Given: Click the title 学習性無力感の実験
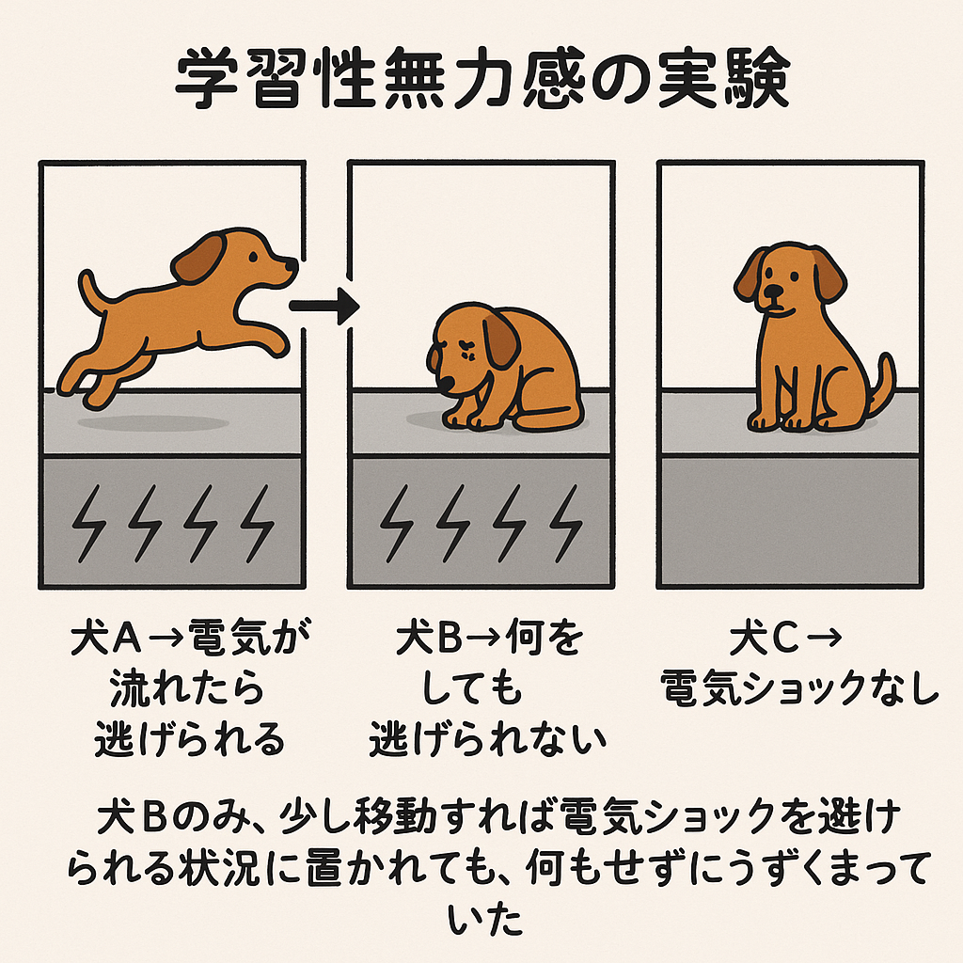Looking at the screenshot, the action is pos(482,79).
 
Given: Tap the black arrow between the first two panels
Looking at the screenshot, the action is pos(324,306).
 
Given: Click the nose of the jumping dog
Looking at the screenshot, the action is pos(292,264).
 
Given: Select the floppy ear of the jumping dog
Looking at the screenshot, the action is pos(197,259).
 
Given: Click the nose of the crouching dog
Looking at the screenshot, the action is pos(445,385).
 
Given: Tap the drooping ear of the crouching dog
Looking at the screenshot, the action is pos(500,339).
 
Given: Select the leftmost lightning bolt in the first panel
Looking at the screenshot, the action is pos(88,523).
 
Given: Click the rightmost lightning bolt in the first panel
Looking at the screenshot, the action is pos(258,523).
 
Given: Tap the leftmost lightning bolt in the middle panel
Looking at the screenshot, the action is pos(397,523).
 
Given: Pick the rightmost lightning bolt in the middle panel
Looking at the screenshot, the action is pos(565,523).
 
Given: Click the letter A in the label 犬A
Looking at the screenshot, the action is pos(128,639).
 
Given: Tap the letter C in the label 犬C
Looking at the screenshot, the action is pos(785,639).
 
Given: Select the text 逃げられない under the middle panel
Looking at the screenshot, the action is pos(488,739).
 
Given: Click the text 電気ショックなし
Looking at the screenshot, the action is pos(799,688).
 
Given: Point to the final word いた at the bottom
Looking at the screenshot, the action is pos(484,920).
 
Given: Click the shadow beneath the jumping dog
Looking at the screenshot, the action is pos(153,423).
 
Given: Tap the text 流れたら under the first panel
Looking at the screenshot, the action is pos(187,688).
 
